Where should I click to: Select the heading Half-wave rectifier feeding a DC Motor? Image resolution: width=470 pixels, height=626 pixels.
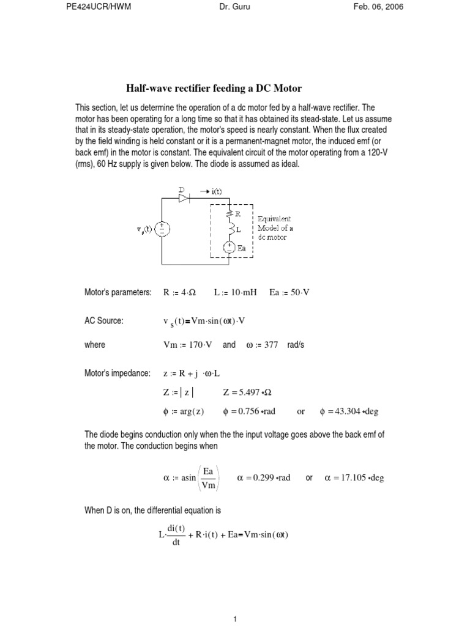(214, 88)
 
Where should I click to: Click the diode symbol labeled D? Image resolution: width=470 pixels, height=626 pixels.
(182, 197)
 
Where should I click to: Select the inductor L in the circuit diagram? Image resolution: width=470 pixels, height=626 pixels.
(229, 230)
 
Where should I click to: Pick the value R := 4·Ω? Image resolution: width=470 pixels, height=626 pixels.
(182, 293)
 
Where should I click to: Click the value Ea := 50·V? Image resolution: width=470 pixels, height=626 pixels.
(289, 293)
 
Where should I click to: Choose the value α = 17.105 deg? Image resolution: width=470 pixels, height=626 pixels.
(354, 477)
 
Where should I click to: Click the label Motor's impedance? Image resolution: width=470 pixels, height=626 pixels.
(116, 373)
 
